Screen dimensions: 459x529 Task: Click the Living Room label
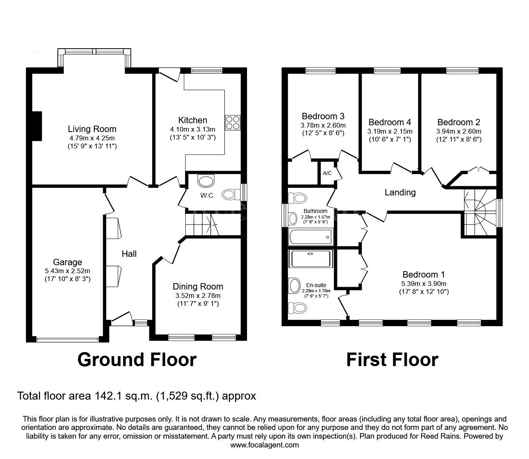[92, 129]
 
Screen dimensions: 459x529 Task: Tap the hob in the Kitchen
[233, 122]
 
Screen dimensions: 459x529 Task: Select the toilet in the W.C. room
[231, 194]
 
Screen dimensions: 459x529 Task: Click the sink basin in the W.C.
[206, 181]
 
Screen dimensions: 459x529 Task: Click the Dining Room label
[198, 286]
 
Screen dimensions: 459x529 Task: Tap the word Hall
[129, 254]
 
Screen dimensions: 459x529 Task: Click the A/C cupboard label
[327, 173]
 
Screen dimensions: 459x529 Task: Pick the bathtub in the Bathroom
[310, 237]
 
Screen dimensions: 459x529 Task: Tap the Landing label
[400, 193]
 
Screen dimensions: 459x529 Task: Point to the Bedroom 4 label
[390, 122]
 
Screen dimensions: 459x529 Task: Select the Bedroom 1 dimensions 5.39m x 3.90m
[423, 284]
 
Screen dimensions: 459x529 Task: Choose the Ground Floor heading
[137, 359]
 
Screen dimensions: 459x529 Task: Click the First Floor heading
[392, 359]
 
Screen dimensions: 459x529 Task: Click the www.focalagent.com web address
[264, 445]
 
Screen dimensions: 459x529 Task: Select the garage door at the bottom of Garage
[67, 340]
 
